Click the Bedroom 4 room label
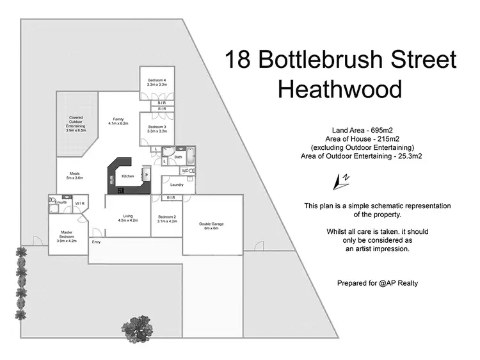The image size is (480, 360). (x=157, y=82)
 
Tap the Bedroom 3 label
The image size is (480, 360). (x=157, y=129)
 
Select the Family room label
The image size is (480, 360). (x=119, y=121)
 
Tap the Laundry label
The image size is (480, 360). (x=177, y=185)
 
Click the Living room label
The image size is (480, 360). (x=128, y=218)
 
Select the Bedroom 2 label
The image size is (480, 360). (x=166, y=218)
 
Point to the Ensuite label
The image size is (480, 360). (x=61, y=202)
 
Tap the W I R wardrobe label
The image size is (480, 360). (x=80, y=204)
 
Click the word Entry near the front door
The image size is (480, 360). (x=97, y=241)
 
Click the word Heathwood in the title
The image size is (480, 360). (x=340, y=89)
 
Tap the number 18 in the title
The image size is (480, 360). (x=238, y=60)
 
